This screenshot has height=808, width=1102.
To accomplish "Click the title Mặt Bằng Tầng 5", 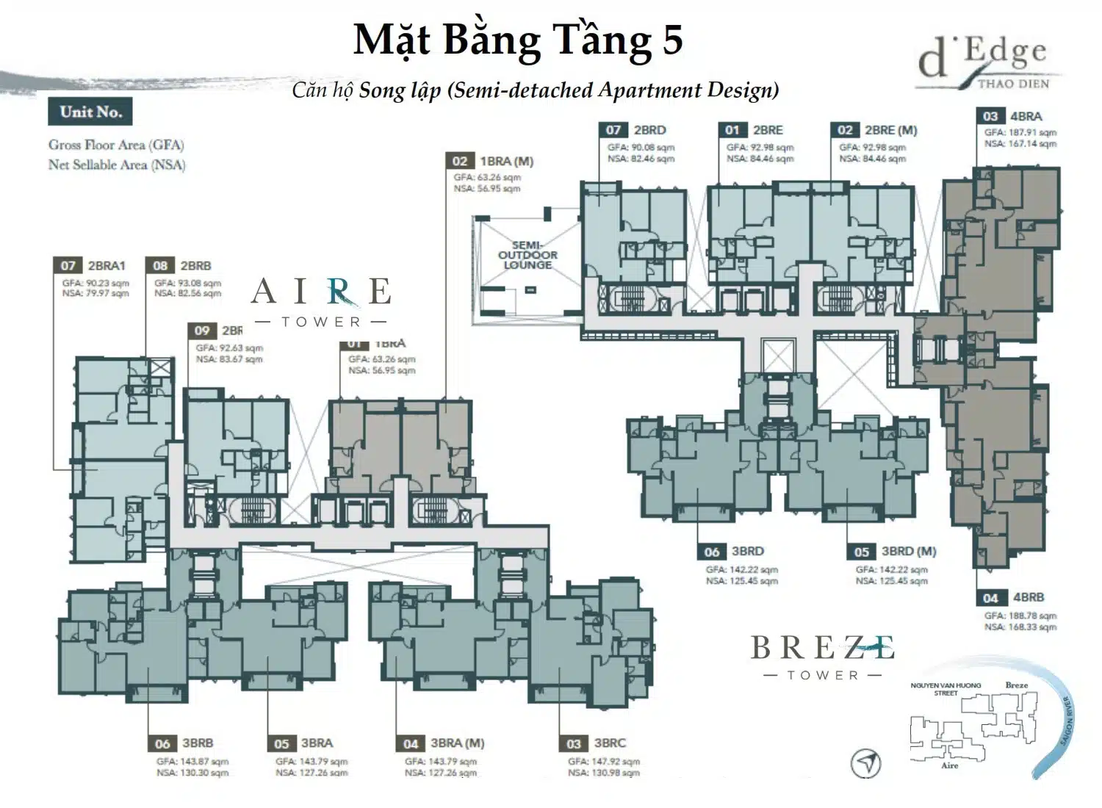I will point(518,40).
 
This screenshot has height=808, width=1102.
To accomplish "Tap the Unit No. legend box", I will point(91,112).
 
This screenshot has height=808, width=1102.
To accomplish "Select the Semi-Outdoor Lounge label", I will point(527,255).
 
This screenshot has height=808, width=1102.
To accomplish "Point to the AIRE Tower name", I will point(321,300).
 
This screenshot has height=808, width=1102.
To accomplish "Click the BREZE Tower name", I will point(822,656).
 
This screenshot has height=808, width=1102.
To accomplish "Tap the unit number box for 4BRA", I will point(990,116).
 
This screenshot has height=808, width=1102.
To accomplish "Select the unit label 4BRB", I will point(1029,598).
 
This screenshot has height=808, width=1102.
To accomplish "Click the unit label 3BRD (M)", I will point(909,552).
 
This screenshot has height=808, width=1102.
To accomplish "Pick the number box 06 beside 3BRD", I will point(711,552).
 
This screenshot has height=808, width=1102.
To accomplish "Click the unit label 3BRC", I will point(610,743).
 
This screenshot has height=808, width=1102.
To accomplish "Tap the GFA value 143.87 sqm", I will point(192,762).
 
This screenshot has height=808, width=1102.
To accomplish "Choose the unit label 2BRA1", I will point(107,266).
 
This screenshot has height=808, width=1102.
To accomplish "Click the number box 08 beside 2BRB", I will point(160,266).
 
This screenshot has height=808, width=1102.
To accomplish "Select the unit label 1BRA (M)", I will point(506,162).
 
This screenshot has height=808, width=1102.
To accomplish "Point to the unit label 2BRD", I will point(649,130).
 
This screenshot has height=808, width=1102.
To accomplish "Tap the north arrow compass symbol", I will point(865,764).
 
